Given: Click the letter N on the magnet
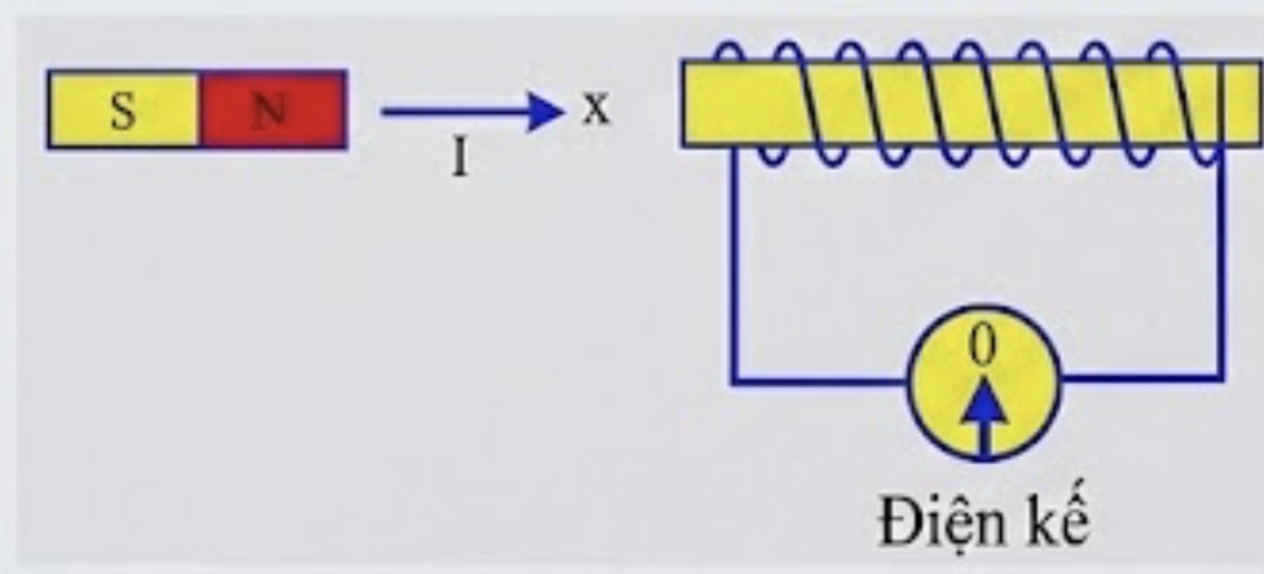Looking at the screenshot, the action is tap(269, 110).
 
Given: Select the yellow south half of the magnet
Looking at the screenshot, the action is tap(124, 110).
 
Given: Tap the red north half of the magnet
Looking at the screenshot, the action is tap(273, 110).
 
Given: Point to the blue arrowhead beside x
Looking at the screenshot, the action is tap(545, 112).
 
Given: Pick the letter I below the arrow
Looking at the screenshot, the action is tap(460, 158).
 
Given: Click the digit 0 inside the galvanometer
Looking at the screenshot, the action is tap(982, 345).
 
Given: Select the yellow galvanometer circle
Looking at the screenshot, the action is tap(984, 383).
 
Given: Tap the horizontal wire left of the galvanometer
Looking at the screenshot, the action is tap(821, 381).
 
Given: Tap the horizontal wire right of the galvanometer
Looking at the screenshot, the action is tap(1142, 378).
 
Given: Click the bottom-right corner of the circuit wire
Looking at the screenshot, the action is tap(1219, 378).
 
